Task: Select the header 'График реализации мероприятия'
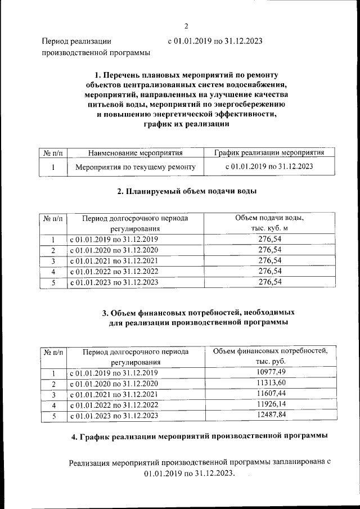(269, 153)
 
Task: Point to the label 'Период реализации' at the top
(77, 41)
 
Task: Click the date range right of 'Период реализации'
(215, 41)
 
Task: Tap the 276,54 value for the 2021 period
(269, 261)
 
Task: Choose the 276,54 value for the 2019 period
(269, 240)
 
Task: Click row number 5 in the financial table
(53, 416)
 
